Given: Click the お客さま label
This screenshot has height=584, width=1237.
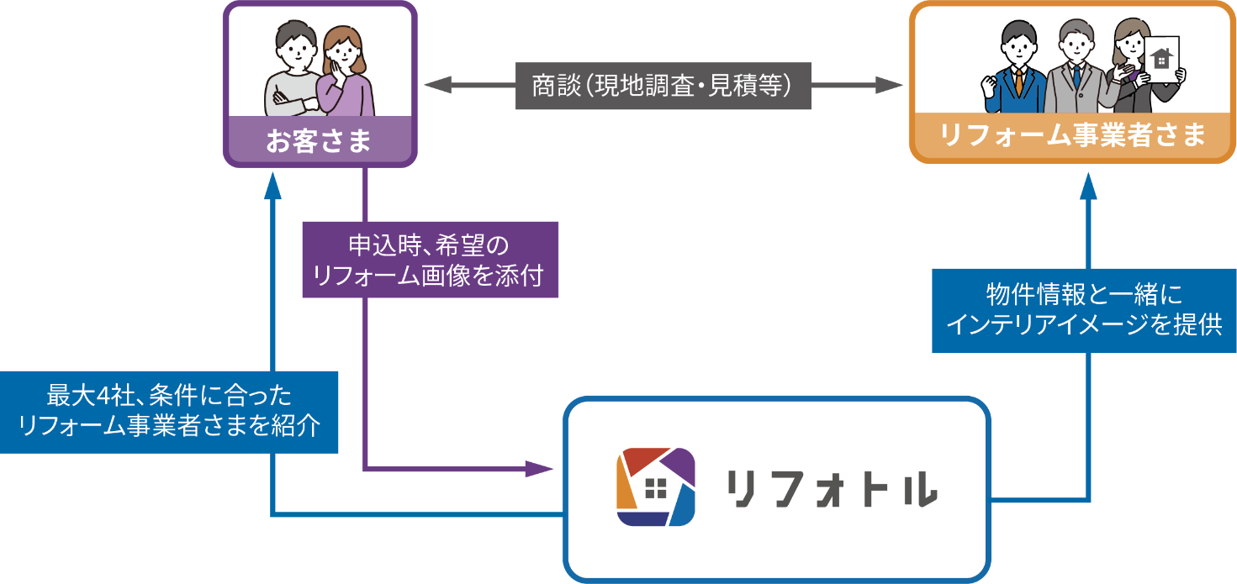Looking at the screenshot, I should click(x=320, y=140).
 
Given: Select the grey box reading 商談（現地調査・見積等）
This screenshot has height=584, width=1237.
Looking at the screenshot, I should click(x=663, y=85).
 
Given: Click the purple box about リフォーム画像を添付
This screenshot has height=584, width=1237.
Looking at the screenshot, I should click(x=430, y=260).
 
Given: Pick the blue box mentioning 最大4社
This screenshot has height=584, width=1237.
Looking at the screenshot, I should click(x=168, y=412).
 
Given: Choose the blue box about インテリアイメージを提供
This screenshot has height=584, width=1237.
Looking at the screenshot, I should click(x=1084, y=310).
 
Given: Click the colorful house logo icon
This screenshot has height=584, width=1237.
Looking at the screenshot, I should click(x=656, y=487).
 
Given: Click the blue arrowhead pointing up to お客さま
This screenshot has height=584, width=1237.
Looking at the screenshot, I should click(x=272, y=187).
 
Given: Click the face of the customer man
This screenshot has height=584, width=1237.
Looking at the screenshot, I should click(x=296, y=51).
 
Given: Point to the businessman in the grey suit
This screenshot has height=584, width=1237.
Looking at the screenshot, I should click(x=1073, y=71).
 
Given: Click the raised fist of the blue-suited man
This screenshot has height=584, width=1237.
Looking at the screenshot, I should click(x=990, y=85).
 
